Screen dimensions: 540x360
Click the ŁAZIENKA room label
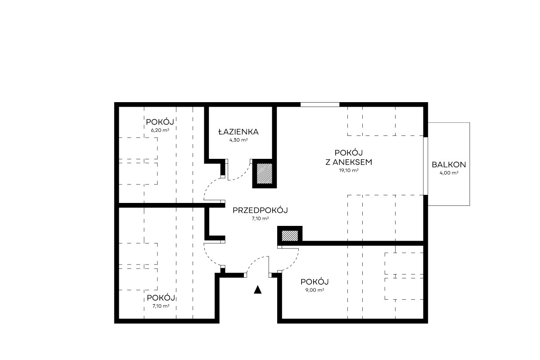point(238,132)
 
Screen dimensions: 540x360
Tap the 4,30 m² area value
point(238,140)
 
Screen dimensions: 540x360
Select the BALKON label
point(449,165)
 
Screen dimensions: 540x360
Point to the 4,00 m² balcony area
point(449,173)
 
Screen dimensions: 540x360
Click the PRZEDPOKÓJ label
point(260,210)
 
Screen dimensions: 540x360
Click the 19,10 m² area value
point(349,171)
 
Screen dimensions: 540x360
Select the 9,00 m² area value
point(315,290)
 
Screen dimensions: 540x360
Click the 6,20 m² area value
point(160,130)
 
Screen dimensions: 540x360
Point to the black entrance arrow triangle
point(257,290)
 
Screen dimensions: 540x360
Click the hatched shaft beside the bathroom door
point(264,173)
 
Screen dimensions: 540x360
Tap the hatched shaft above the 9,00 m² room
point(290,236)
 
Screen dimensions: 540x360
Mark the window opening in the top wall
point(319,105)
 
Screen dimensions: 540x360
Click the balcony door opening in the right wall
point(426,166)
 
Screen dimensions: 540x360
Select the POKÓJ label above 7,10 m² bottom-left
point(161,298)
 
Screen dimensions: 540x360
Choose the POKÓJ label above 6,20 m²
point(160,122)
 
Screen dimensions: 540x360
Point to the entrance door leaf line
point(269,265)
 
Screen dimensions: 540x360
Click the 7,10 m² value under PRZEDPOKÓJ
point(260,219)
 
